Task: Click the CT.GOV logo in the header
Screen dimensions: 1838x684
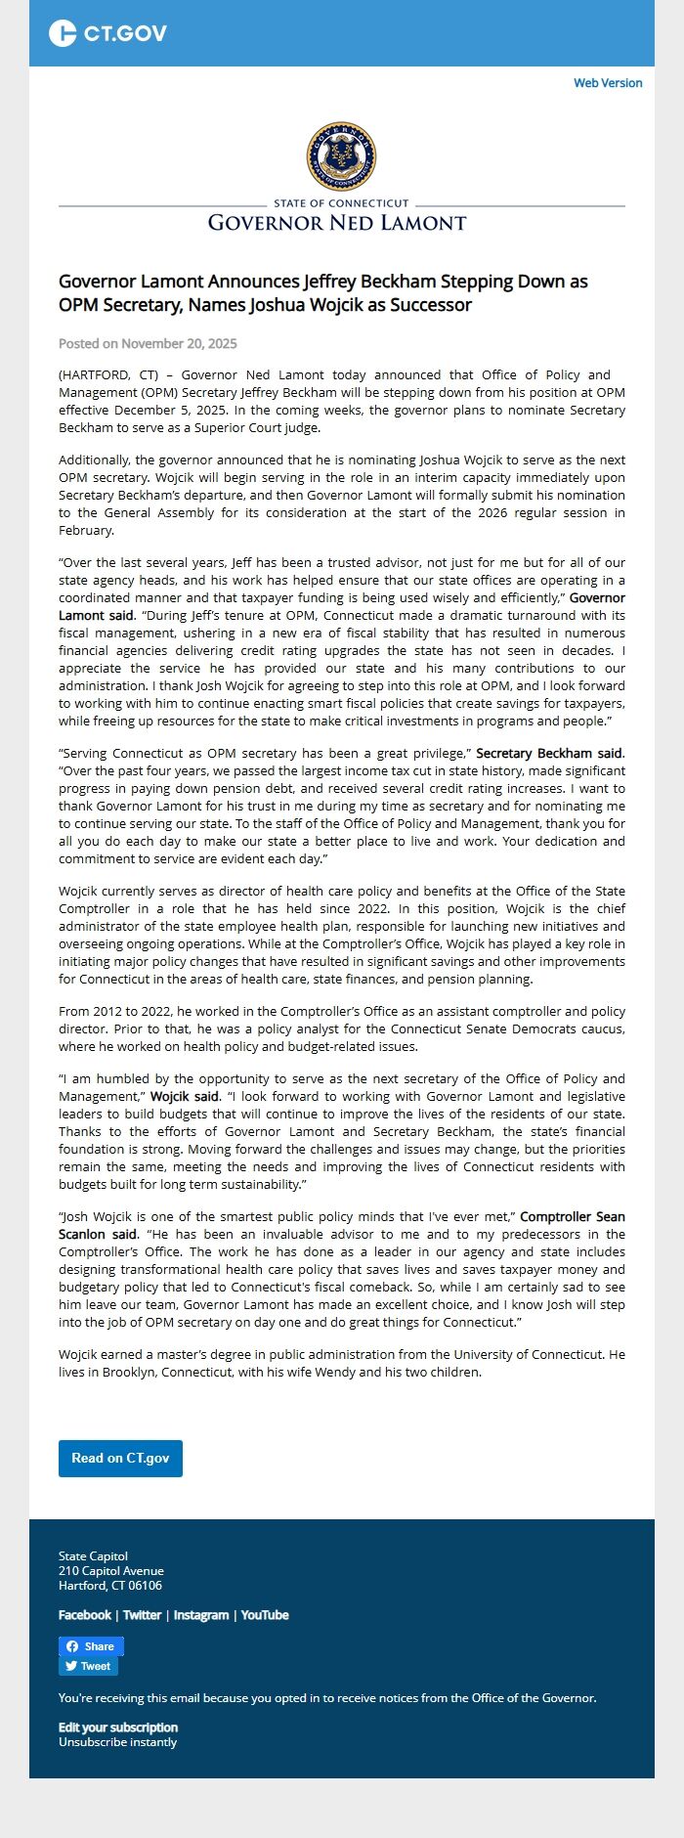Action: click(107, 33)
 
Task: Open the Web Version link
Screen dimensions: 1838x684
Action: click(608, 83)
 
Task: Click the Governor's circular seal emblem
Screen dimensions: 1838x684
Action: click(341, 156)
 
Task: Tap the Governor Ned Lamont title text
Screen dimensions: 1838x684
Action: click(337, 223)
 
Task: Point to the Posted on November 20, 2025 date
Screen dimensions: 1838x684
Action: click(148, 343)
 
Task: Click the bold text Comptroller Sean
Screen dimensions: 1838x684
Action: click(572, 1216)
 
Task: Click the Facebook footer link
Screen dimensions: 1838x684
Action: click(85, 1615)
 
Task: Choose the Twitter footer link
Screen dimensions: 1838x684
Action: click(142, 1615)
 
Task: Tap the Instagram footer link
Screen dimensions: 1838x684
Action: click(200, 1615)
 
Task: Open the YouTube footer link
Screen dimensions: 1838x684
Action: click(265, 1615)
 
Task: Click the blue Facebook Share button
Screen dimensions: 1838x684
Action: click(91, 1646)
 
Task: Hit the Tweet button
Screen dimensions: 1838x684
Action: click(88, 1666)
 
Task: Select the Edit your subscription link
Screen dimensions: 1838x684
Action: click(118, 1728)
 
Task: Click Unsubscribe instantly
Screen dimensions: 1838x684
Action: click(117, 1741)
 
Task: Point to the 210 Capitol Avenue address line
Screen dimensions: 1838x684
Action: click(111, 1571)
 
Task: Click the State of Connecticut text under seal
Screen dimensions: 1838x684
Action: click(341, 203)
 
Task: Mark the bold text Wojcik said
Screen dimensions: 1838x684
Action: click(184, 1096)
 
